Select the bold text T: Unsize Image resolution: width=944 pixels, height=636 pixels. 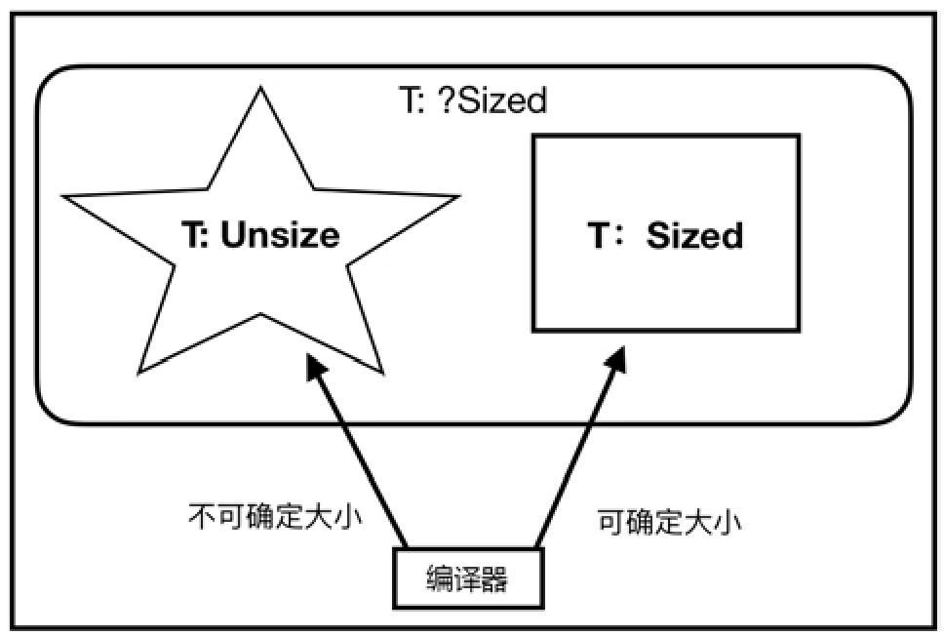click(260, 235)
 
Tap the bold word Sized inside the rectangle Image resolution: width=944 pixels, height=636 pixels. click(694, 236)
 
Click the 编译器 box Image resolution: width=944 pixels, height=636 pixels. click(467, 579)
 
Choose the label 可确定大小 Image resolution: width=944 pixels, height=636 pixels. click(670, 521)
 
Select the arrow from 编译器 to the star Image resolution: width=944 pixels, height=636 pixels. click(358, 453)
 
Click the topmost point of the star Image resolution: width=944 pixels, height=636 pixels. click(261, 88)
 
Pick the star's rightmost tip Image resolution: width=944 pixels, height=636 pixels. click(458, 197)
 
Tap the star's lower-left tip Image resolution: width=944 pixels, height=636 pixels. click(139, 373)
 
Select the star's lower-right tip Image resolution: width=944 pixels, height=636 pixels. click(381, 373)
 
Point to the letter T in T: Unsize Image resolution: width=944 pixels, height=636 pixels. click(191, 235)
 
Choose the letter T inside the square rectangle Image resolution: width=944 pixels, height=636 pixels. click(599, 236)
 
